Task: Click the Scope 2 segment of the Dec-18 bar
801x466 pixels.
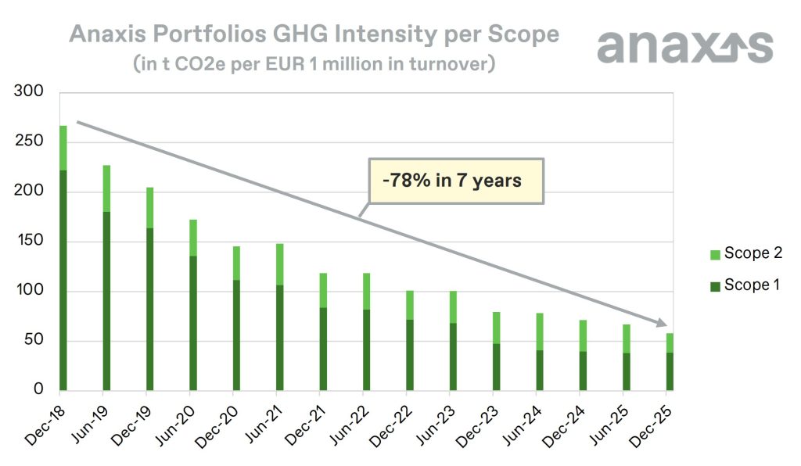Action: tap(63, 148)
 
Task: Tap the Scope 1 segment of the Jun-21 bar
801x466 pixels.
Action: tap(280, 338)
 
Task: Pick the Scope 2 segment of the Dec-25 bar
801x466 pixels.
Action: tap(670, 343)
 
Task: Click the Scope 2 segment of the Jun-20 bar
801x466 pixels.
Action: tap(193, 238)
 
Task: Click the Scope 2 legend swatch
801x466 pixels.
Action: tap(713, 253)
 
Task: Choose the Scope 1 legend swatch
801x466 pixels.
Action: tap(713, 285)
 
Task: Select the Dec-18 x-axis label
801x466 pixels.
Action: tap(45, 427)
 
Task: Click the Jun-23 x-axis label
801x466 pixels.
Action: tap(435, 427)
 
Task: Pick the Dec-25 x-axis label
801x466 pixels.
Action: tap(652, 427)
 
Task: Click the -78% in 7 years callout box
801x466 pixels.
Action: tap(457, 181)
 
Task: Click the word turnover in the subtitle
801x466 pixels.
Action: tap(449, 63)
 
